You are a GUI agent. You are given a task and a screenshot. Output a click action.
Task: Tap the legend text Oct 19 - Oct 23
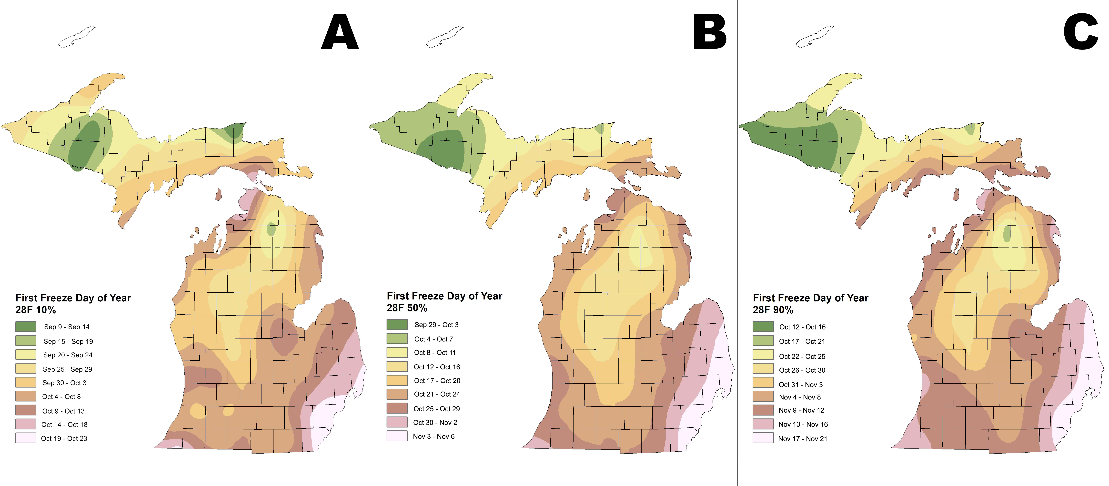(64, 438)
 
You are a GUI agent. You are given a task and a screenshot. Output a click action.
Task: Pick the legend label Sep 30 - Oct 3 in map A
(64, 383)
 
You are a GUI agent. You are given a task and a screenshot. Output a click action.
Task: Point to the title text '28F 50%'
(407, 308)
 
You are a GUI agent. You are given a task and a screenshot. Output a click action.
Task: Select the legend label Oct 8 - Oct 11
(435, 353)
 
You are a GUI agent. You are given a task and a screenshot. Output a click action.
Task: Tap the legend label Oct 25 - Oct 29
(437, 408)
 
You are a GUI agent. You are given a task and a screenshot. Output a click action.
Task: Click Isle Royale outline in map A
(78, 37)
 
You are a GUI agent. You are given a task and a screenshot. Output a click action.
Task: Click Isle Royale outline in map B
(445, 37)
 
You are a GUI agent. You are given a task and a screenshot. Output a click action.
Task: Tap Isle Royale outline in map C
(815, 37)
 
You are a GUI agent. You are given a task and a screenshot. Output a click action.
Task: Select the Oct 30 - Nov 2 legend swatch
(396, 422)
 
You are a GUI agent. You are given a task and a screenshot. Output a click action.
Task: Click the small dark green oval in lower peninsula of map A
(271, 229)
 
